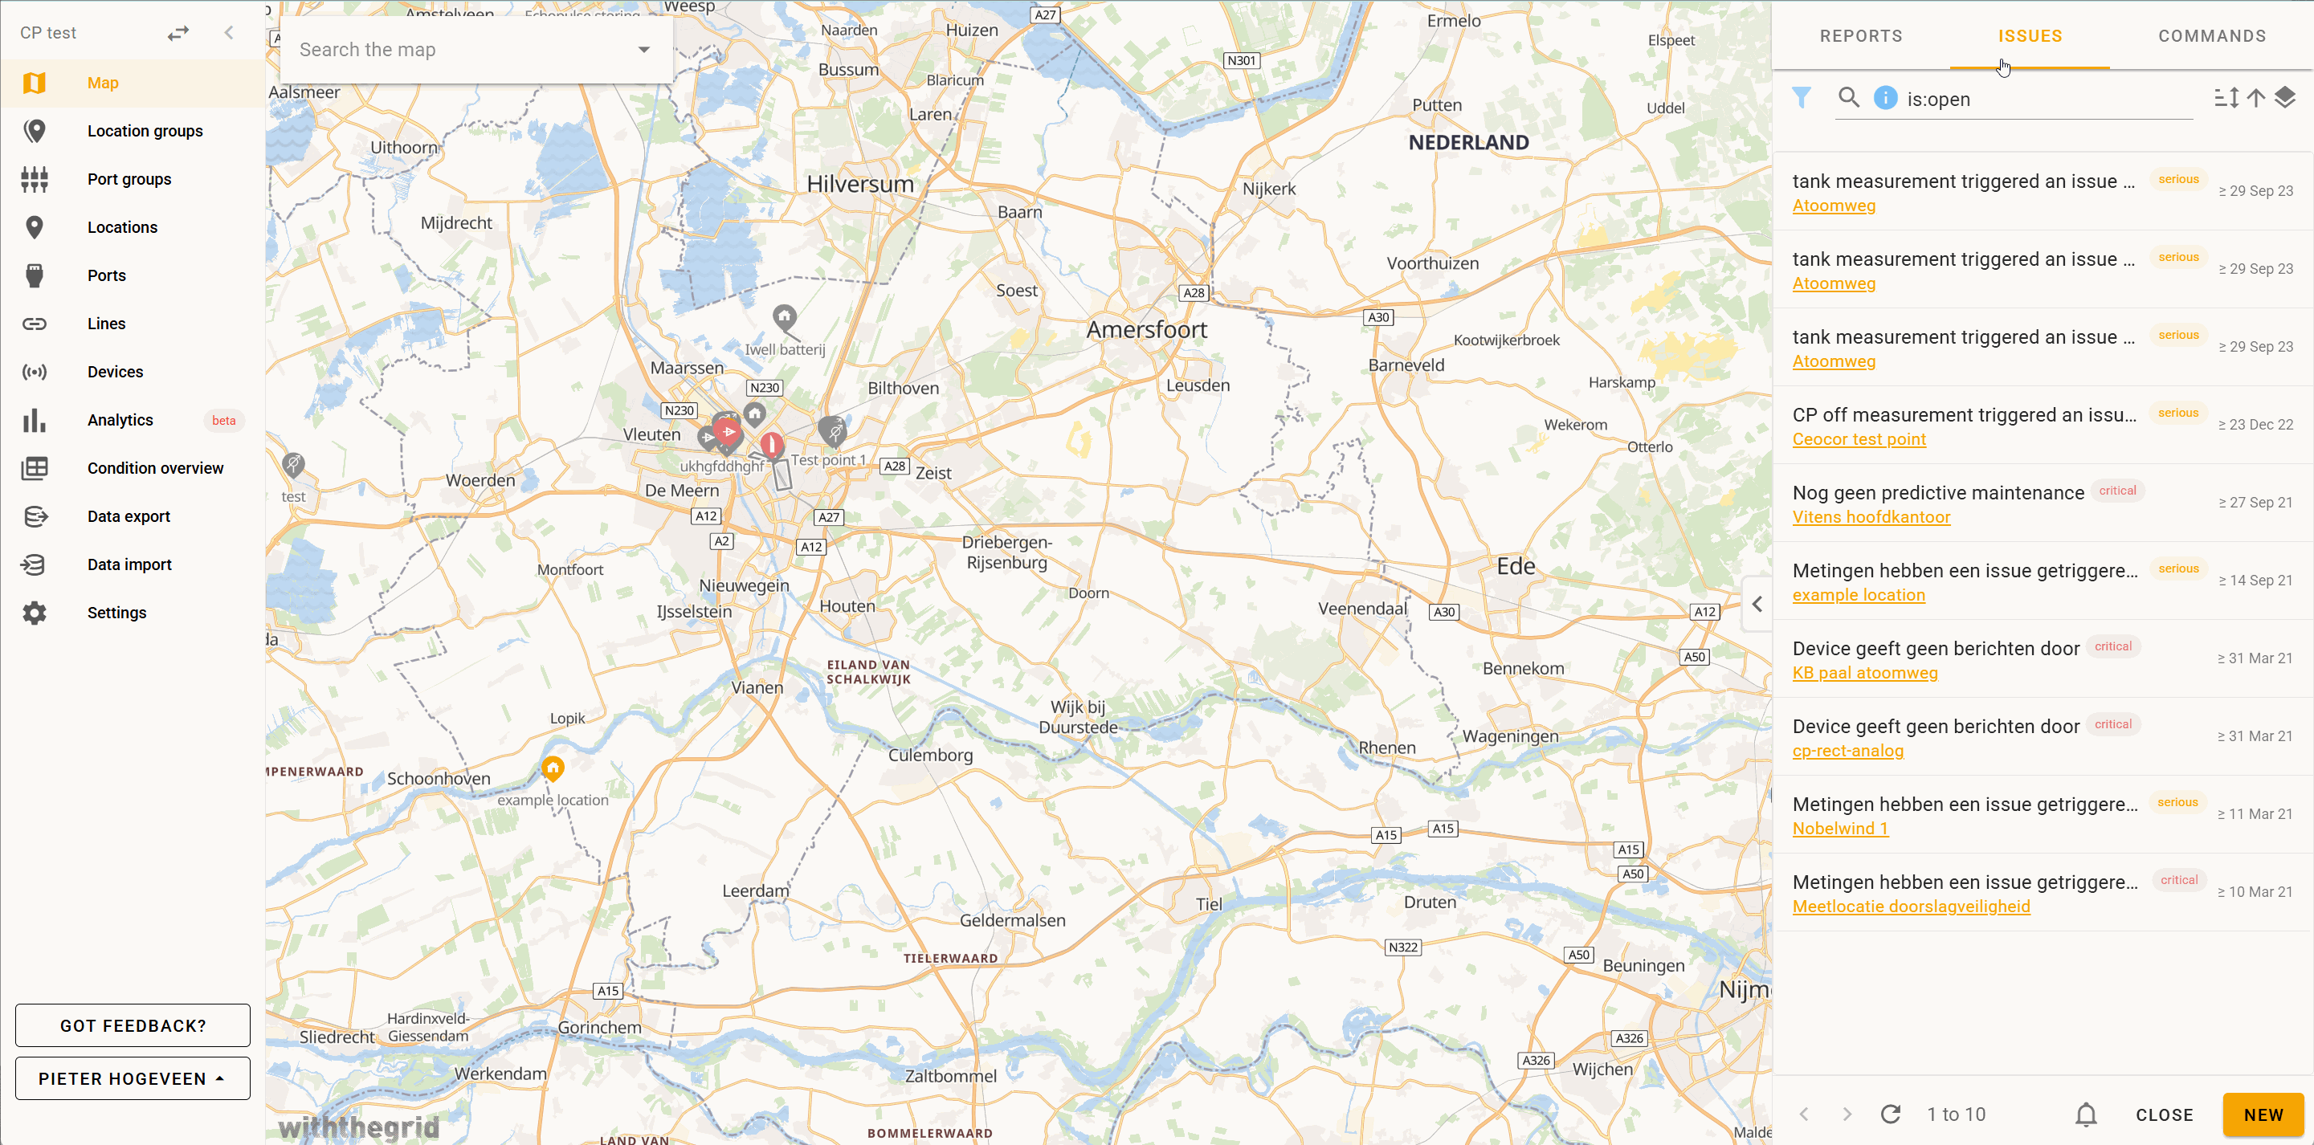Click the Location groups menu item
click(145, 131)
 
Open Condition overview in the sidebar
click(154, 468)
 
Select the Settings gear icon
click(34, 613)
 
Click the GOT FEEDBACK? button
click(133, 1025)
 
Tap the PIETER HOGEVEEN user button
click(133, 1078)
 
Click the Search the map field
click(463, 51)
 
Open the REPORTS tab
click(1860, 36)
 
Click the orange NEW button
click(2262, 1114)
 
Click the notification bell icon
click(2086, 1114)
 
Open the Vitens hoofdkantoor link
click(1871, 517)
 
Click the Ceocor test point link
click(1859, 439)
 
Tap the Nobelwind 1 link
click(1839, 828)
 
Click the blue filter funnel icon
click(1801, 98)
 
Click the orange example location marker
click(553, 768)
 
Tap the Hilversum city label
click(859, 184)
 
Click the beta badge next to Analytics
click(223, 420)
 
